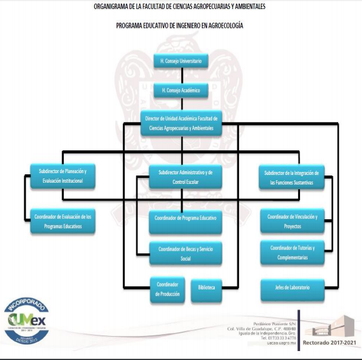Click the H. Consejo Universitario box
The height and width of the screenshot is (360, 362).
pos(181,61)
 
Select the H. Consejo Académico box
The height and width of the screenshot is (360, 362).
pos(181,91)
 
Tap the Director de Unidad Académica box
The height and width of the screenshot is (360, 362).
pos(181,123)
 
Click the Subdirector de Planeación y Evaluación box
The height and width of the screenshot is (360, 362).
pos(63,176)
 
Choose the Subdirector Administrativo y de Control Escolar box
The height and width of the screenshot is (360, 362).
pos(181,176)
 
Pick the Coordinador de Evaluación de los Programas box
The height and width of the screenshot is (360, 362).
pos(63,221)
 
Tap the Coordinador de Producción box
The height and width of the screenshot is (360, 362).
pos(167,289)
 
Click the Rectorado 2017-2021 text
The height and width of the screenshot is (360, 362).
pos(330,342)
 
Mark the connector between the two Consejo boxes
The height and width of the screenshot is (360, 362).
pos(181,76)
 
